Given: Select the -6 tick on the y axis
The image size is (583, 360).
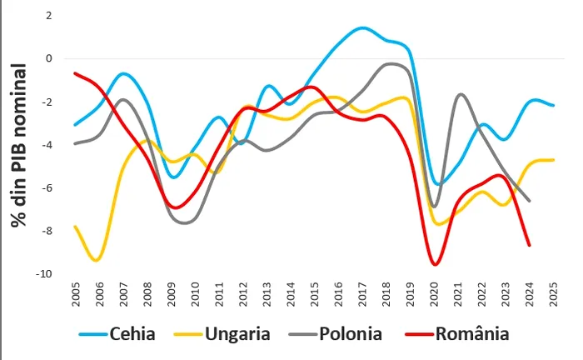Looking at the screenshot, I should [47, 188].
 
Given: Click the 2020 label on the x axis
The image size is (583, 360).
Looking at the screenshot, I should [434, 296].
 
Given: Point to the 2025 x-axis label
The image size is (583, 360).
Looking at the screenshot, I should [553, 296].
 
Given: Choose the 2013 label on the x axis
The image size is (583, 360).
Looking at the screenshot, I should [267, 296].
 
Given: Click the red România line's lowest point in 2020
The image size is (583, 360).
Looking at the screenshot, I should [434, 265].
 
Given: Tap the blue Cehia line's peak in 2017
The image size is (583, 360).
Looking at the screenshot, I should [363, 28].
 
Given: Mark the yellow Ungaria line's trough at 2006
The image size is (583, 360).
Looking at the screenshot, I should [98, 260].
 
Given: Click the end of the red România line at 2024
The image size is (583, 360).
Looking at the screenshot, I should [530, 245].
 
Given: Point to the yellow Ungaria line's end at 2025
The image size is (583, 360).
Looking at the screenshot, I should [553, 159].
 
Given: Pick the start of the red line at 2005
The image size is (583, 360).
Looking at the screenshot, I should [75, 73].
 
